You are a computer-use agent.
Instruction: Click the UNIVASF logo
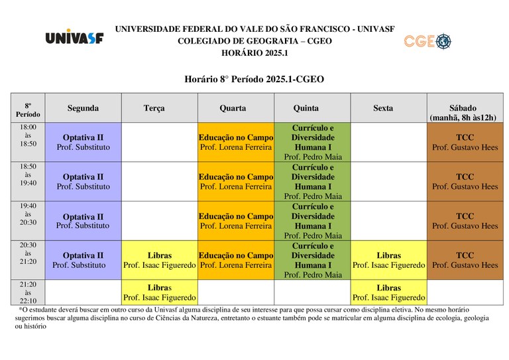(x=74, y=37)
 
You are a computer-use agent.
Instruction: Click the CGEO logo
(x=427, y=41)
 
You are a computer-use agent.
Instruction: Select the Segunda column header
(x=83, y=108)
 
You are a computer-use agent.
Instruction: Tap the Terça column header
(x=154, y=108)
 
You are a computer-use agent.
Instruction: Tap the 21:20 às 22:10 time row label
(x=28, y=292)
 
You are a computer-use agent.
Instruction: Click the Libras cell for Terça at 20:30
(x=160, y=260)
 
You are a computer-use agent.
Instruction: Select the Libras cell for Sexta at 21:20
(x=388, y=292)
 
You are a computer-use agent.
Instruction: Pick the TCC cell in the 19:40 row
(x=465, y=221)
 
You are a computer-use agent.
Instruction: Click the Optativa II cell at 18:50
(x=83, y=182)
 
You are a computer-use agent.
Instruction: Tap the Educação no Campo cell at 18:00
(x=236, y=142)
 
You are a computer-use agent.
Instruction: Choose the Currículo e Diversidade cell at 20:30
(x=312, y=260)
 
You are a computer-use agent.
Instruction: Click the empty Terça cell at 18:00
(x=160, y=142)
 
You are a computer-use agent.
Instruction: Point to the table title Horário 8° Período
(x=254, y=80)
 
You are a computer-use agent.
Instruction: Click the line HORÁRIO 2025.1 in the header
(x=254, y=53)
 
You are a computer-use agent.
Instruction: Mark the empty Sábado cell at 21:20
(x=465, y=292)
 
